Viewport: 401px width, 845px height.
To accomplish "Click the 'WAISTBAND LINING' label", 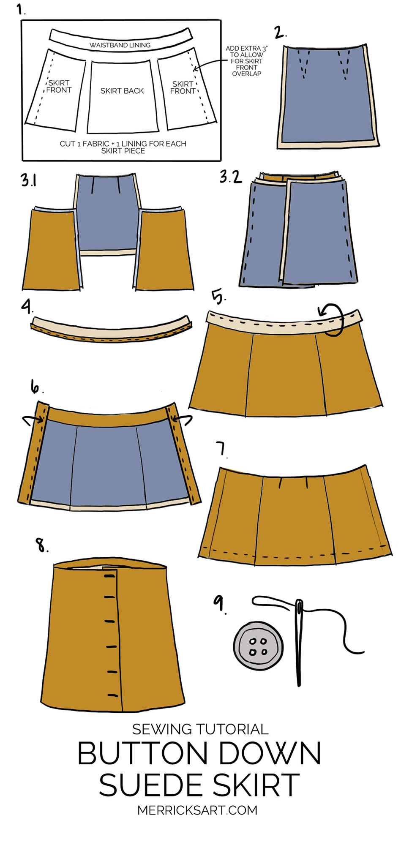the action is pyautogui.click(x=120, y=45).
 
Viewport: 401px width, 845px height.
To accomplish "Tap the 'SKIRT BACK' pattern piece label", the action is pyautogui.click(x=122, y=91).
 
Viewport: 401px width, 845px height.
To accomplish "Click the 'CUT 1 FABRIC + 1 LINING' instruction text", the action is pyautogui.click(x=123, y=147).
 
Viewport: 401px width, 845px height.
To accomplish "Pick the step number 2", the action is pyautogui.click(x=280, y=33).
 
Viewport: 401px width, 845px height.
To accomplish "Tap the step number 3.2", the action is pyautogui.click(x=231, y=177).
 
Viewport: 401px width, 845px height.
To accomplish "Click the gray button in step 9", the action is pyautogui.click(x=258, y=646).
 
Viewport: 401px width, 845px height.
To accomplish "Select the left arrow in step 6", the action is pyautogui.click(x=33, y=419).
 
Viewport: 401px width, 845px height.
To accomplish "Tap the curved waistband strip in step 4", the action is pyautogui.click(x=112, y=330).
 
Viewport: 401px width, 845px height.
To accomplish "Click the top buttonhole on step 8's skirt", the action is pyautogui.click(x=109, y=575).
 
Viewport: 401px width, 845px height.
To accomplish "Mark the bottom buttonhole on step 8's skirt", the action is pyautogui.click(x=112, y=695).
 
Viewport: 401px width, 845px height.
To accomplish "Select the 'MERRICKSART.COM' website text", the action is pyautogui.click(x=197, y=810).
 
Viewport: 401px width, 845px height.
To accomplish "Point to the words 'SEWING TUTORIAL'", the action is pyautogui.click(x=200, y=729).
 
